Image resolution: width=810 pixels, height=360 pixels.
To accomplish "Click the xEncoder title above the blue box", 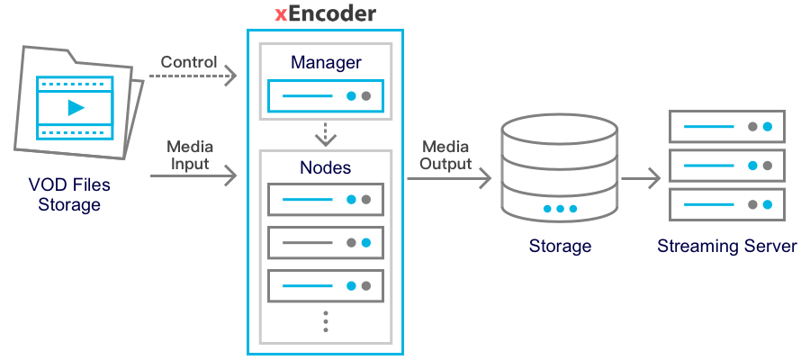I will point(325,14).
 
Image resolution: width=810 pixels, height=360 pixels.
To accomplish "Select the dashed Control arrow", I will point(193,76).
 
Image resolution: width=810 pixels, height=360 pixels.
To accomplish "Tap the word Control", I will point(189,62).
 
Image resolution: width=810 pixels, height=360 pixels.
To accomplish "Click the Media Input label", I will point(189,155).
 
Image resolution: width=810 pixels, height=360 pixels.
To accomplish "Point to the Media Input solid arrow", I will point(193,175).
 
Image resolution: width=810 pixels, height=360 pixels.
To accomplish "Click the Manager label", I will point(326,63).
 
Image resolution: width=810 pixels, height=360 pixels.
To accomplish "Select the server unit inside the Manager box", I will point(326,94).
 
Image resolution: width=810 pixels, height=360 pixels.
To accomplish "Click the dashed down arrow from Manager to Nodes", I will point(326,134).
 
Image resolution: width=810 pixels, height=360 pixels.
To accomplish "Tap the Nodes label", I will point(326,166).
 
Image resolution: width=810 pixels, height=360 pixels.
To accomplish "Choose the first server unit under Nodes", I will point(326,198).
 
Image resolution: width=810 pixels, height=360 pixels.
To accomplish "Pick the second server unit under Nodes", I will point(326,242).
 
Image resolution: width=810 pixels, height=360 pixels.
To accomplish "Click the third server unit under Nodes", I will point(326,285).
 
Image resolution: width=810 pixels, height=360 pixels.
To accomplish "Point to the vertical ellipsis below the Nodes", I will point(326,321).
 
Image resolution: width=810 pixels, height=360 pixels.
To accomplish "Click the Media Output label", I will point(446,155).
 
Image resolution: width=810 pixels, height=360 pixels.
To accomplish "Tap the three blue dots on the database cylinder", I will point(560,209).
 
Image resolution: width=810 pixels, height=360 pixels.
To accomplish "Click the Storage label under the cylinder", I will point(560,246).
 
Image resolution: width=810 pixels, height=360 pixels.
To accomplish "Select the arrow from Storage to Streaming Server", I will point(640,177).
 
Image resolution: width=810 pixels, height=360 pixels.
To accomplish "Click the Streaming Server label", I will point(727,246).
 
